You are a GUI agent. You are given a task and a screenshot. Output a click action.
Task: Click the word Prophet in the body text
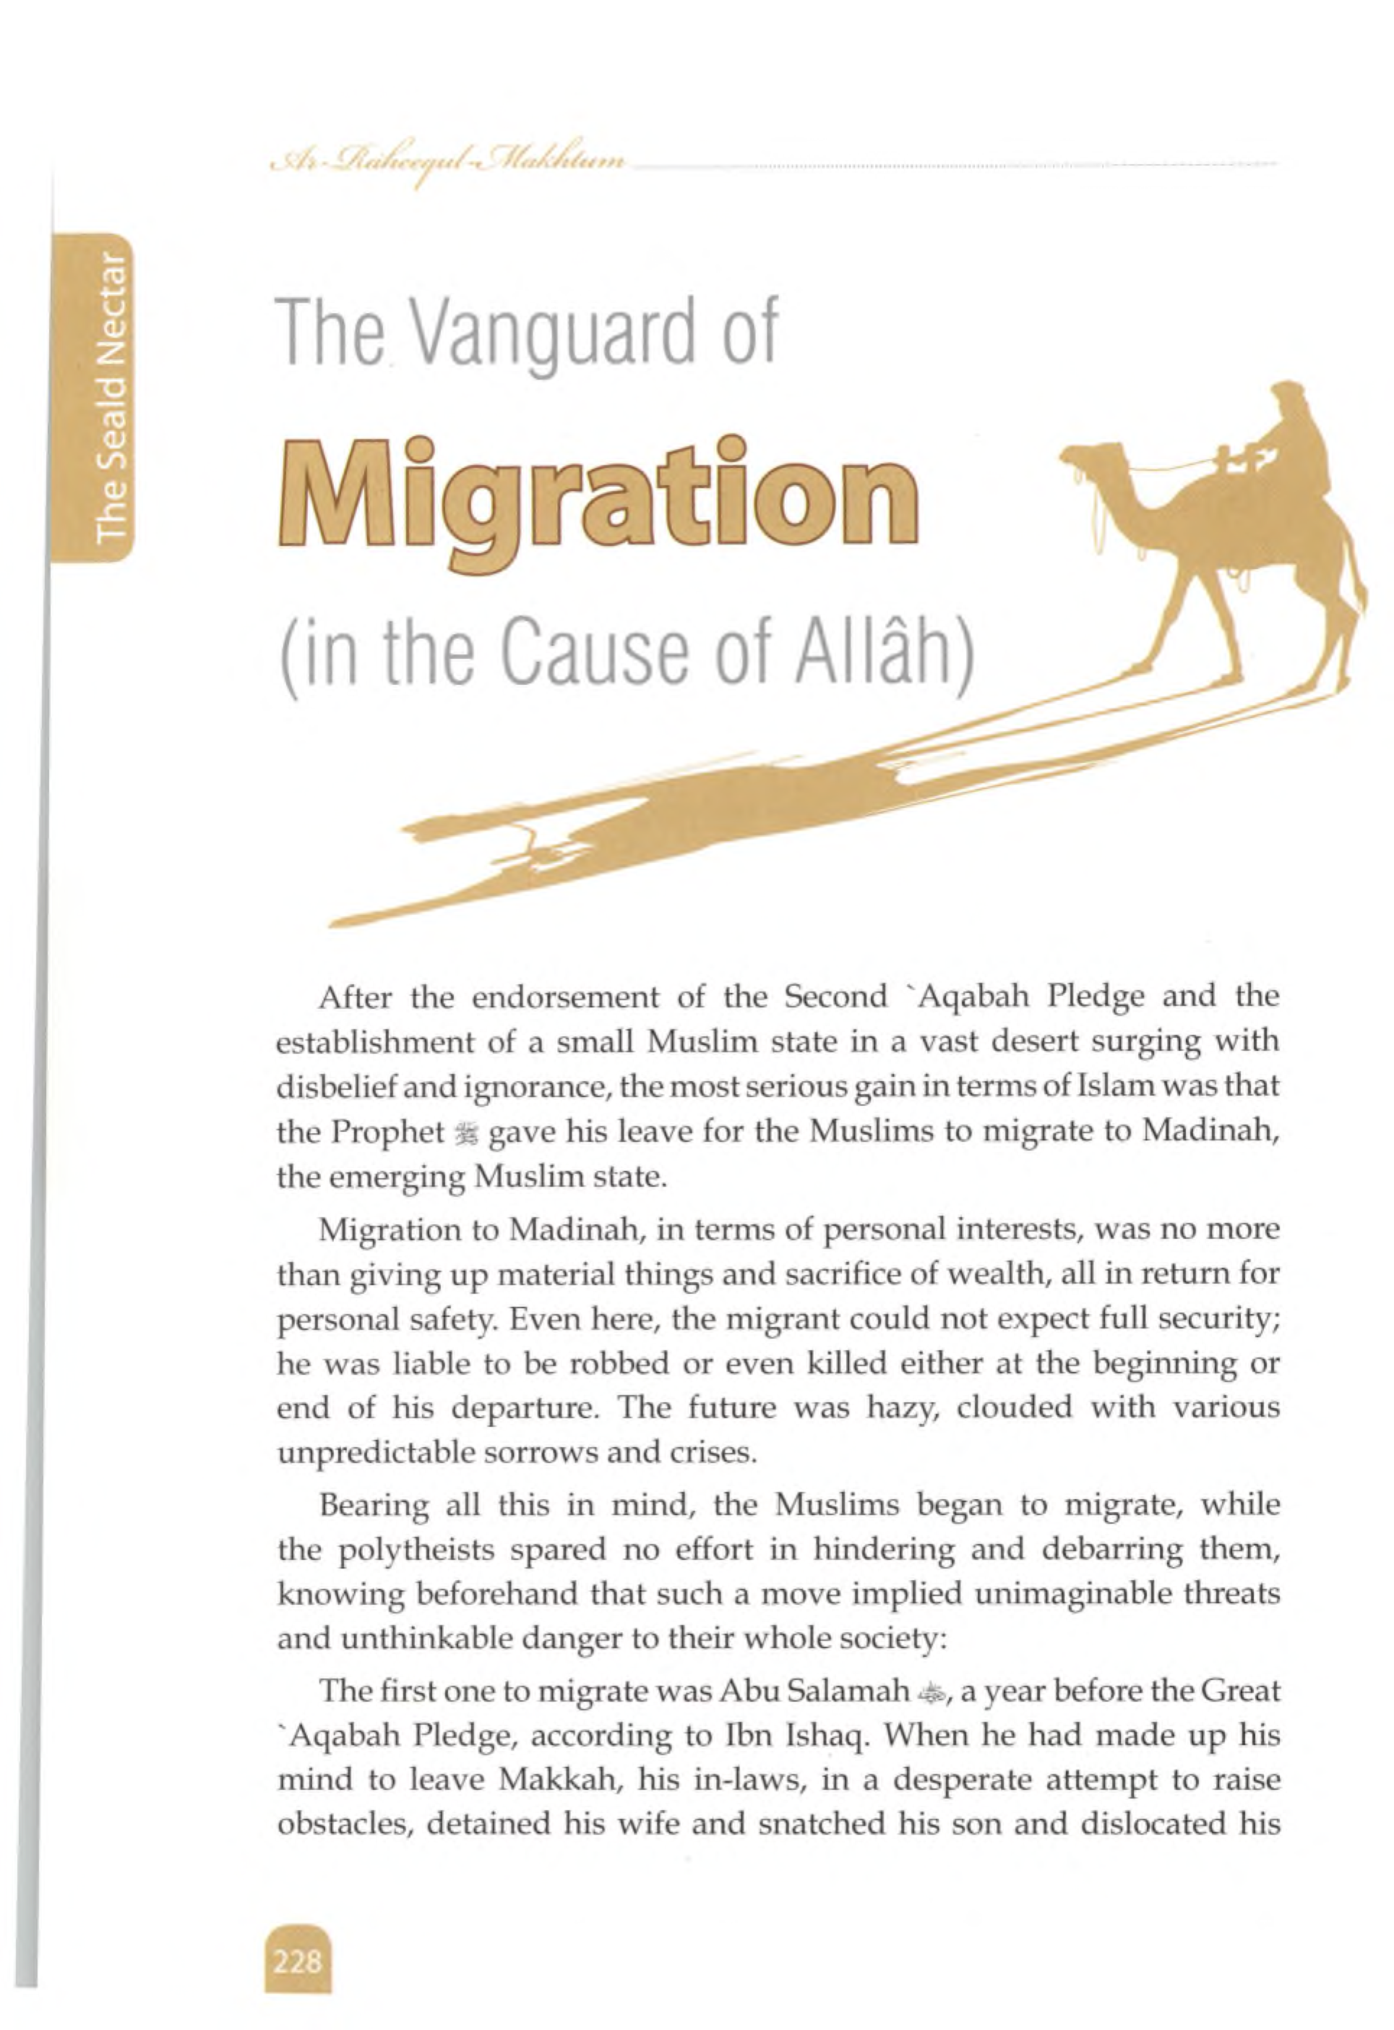point(387,1133)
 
